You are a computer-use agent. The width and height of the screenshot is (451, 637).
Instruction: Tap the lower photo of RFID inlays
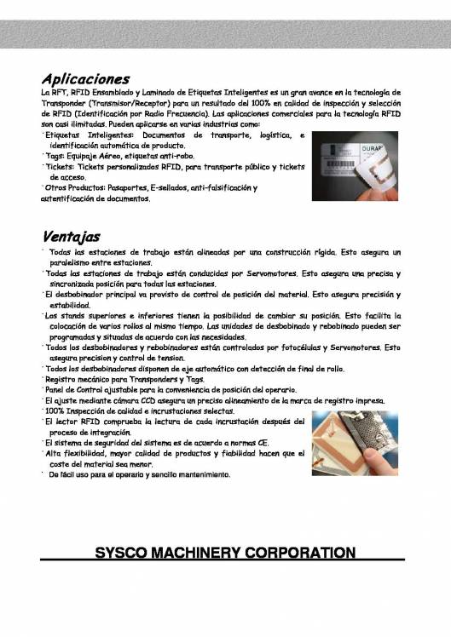coord(354,442)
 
